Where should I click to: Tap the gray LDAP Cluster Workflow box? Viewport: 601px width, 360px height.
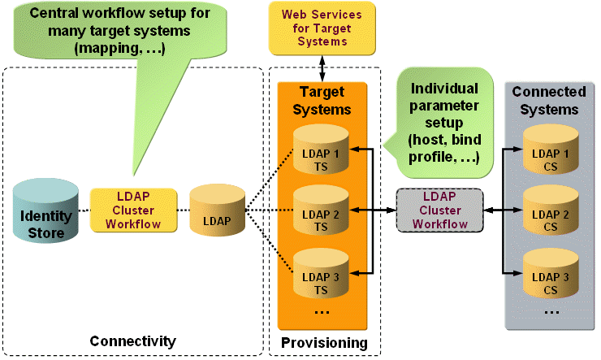click(439, 210)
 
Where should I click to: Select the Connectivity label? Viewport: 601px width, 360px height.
click(132, 340)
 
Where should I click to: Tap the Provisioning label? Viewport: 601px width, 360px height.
click(324, 342)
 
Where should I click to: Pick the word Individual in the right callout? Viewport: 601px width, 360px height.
click(443, 88)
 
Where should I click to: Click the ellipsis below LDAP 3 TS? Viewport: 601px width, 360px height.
click(321, 312)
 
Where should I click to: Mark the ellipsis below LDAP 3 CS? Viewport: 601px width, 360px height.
click(551, 312)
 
